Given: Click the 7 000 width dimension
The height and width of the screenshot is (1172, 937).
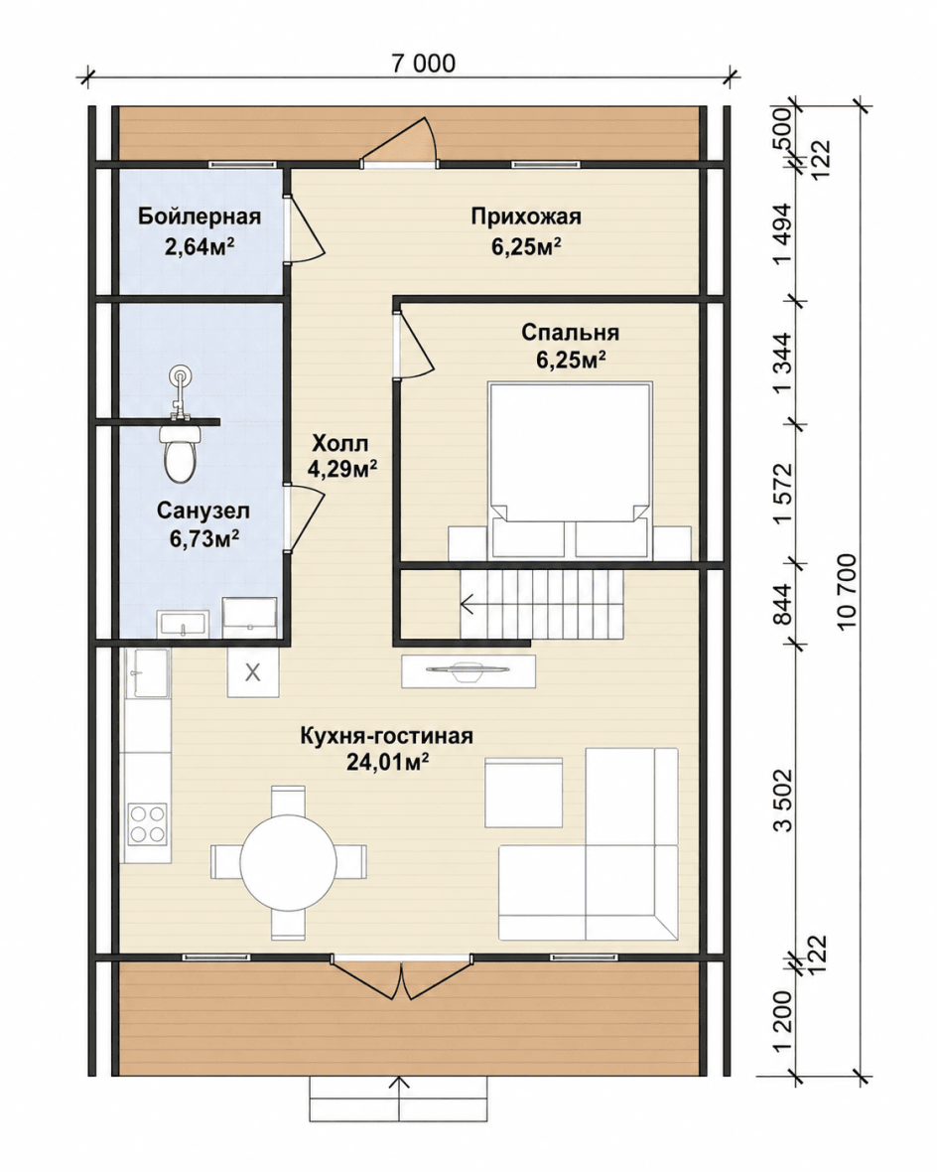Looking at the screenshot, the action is coord(423,64).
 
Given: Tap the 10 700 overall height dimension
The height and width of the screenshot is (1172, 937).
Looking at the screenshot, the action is coord(847,591).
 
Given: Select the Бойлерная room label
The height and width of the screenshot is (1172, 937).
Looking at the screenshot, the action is coord(200,217).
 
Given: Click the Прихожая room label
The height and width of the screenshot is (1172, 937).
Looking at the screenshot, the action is coord(526,217).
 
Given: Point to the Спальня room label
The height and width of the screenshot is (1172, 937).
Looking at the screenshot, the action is coord(570,332).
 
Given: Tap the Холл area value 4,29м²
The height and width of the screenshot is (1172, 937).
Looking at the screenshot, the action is coord(341,469).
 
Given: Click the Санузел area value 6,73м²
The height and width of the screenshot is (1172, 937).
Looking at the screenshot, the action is coord(204,538).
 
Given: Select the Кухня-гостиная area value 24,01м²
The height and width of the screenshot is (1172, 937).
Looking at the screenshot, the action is coord(387,762).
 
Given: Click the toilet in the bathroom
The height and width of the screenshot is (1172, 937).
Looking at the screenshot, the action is coord(180,453).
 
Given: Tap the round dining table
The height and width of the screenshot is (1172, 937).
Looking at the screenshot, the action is coord(289,862).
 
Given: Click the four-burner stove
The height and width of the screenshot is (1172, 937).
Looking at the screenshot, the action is coord(147,823).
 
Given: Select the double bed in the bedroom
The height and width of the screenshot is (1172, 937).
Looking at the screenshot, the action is coord(570,470).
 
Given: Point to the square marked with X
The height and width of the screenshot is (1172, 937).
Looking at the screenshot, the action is coord(253,672).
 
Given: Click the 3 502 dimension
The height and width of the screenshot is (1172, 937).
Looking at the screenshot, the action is coord(783,800).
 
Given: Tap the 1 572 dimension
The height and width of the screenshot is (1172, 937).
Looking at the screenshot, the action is coord(783,494).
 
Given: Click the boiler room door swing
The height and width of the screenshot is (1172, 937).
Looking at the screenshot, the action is coord(305,228).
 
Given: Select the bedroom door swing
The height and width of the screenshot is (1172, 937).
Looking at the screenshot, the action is coord(415,344).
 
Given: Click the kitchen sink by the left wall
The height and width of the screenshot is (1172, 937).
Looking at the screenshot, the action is coord(150,672).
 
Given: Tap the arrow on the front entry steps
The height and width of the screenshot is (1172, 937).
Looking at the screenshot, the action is coord(400,1099).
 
